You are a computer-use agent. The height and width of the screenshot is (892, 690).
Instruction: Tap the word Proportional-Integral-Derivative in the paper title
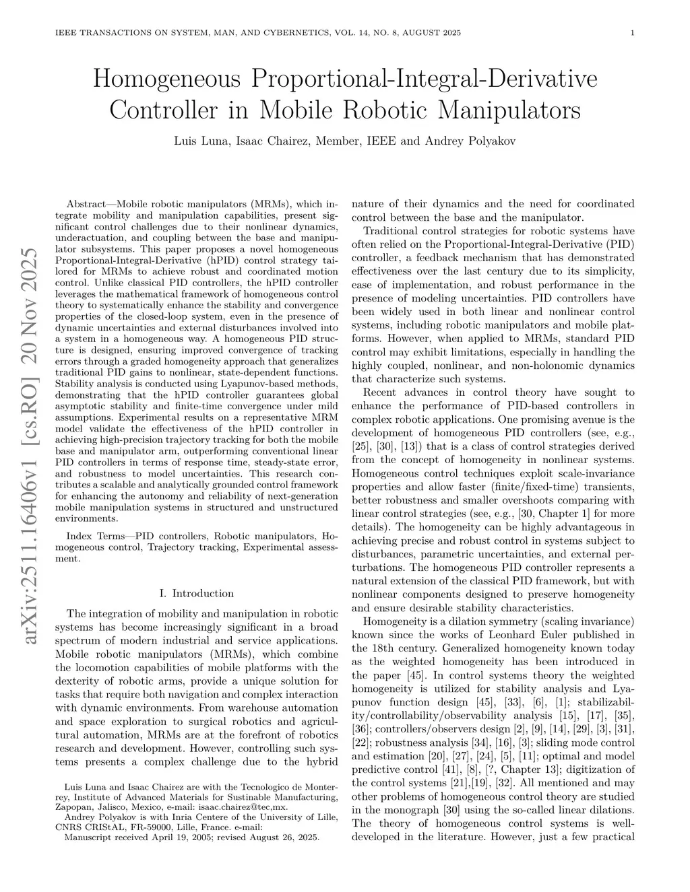424,79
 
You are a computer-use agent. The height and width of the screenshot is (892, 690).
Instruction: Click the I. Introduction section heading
196,593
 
